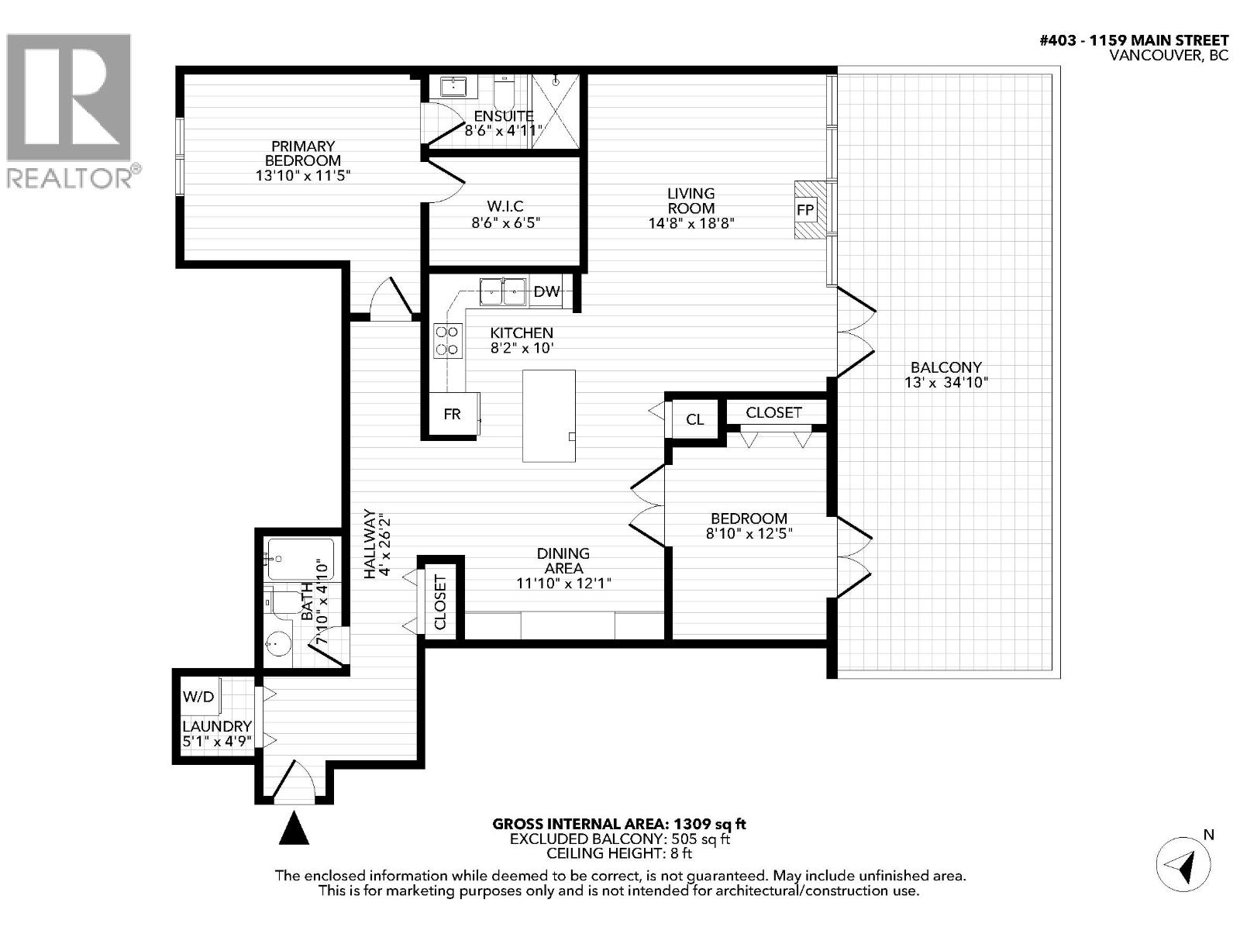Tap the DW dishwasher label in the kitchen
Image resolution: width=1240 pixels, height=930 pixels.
[547, 292]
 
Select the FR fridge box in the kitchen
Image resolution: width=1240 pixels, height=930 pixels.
[452, 415]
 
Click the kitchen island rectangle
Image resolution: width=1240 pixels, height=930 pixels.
[549, 415]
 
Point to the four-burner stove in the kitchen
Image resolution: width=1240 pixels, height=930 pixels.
[448, 341]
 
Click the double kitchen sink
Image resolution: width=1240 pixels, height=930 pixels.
[502, 292]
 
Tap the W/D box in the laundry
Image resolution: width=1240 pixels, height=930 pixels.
[198, 696]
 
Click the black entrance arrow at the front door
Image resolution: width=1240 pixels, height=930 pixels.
[294, 828]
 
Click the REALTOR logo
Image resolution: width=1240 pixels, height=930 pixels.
[70, 108]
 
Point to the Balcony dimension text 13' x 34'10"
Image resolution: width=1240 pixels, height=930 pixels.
[945, 382]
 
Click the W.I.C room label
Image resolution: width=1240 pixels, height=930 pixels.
[505, 206]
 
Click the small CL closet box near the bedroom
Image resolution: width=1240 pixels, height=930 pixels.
[695, 419]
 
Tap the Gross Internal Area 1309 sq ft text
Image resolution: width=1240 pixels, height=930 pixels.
[619, 824]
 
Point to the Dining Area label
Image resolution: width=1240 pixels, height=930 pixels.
[563, 560]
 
